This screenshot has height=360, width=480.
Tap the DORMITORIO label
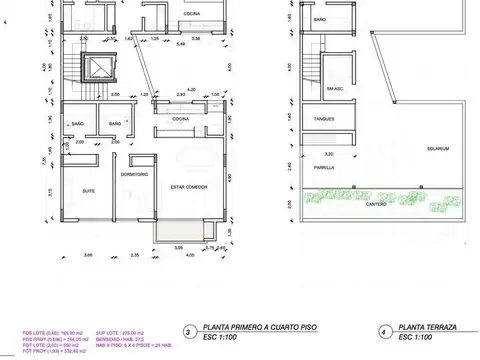tap(135, 176)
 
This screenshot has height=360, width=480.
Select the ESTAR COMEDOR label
tap(189, 186)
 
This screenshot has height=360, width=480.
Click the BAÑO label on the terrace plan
tap(320, 19)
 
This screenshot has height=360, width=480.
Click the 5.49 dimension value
tap(180, 46)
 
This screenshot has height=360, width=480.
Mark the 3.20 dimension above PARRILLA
tap(330, 153)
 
